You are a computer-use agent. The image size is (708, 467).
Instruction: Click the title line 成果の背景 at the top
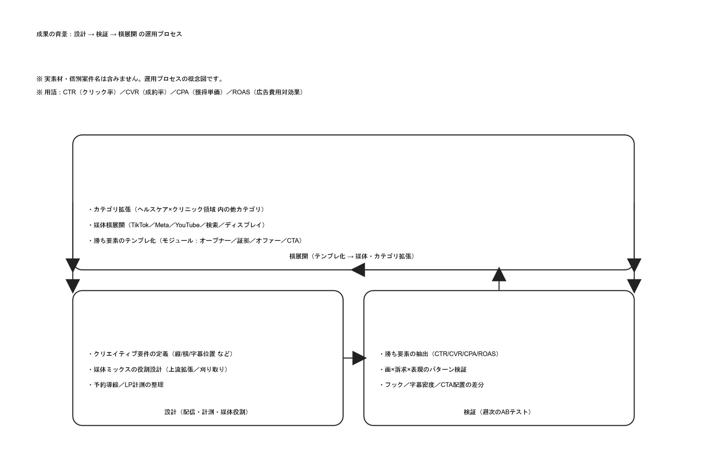pyautogui.click(x=109, y=34)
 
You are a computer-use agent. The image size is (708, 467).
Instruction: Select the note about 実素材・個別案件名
pyautogui.click(x=130, y=79)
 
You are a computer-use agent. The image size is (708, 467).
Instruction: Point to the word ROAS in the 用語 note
pyautogui.click(x=241, y=92)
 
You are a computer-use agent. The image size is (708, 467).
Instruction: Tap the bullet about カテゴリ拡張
pyautogui.click(x=177, y=210)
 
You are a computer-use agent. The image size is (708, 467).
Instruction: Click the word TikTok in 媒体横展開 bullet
pyautogui.click(x=140, y=225)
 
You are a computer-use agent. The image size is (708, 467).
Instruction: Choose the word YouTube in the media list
pyautogui.click(x=187, y=225)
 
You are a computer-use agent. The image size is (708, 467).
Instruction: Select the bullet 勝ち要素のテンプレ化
pyautogui.click(x=196, y=241)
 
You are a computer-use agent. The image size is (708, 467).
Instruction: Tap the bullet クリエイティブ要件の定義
pyautogui.click(x=162, y=354)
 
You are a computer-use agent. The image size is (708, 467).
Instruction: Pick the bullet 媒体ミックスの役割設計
pyautogui.click(x=159, y=369)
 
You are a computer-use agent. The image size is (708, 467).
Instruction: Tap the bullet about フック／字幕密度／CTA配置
pyautogui.click(x=432, y=385)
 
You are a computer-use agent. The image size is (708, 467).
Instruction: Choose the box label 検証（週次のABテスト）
pyautogui.click(x=498, y=412)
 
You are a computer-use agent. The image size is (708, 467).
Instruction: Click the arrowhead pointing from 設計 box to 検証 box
pyautogui.click(x=359, y=358)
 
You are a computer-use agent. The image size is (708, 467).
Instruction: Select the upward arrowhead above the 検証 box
pyautogui.click(x=499, y=275)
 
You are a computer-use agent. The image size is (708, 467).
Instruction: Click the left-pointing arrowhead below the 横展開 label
pyautogui.click(x=358, y=270)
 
